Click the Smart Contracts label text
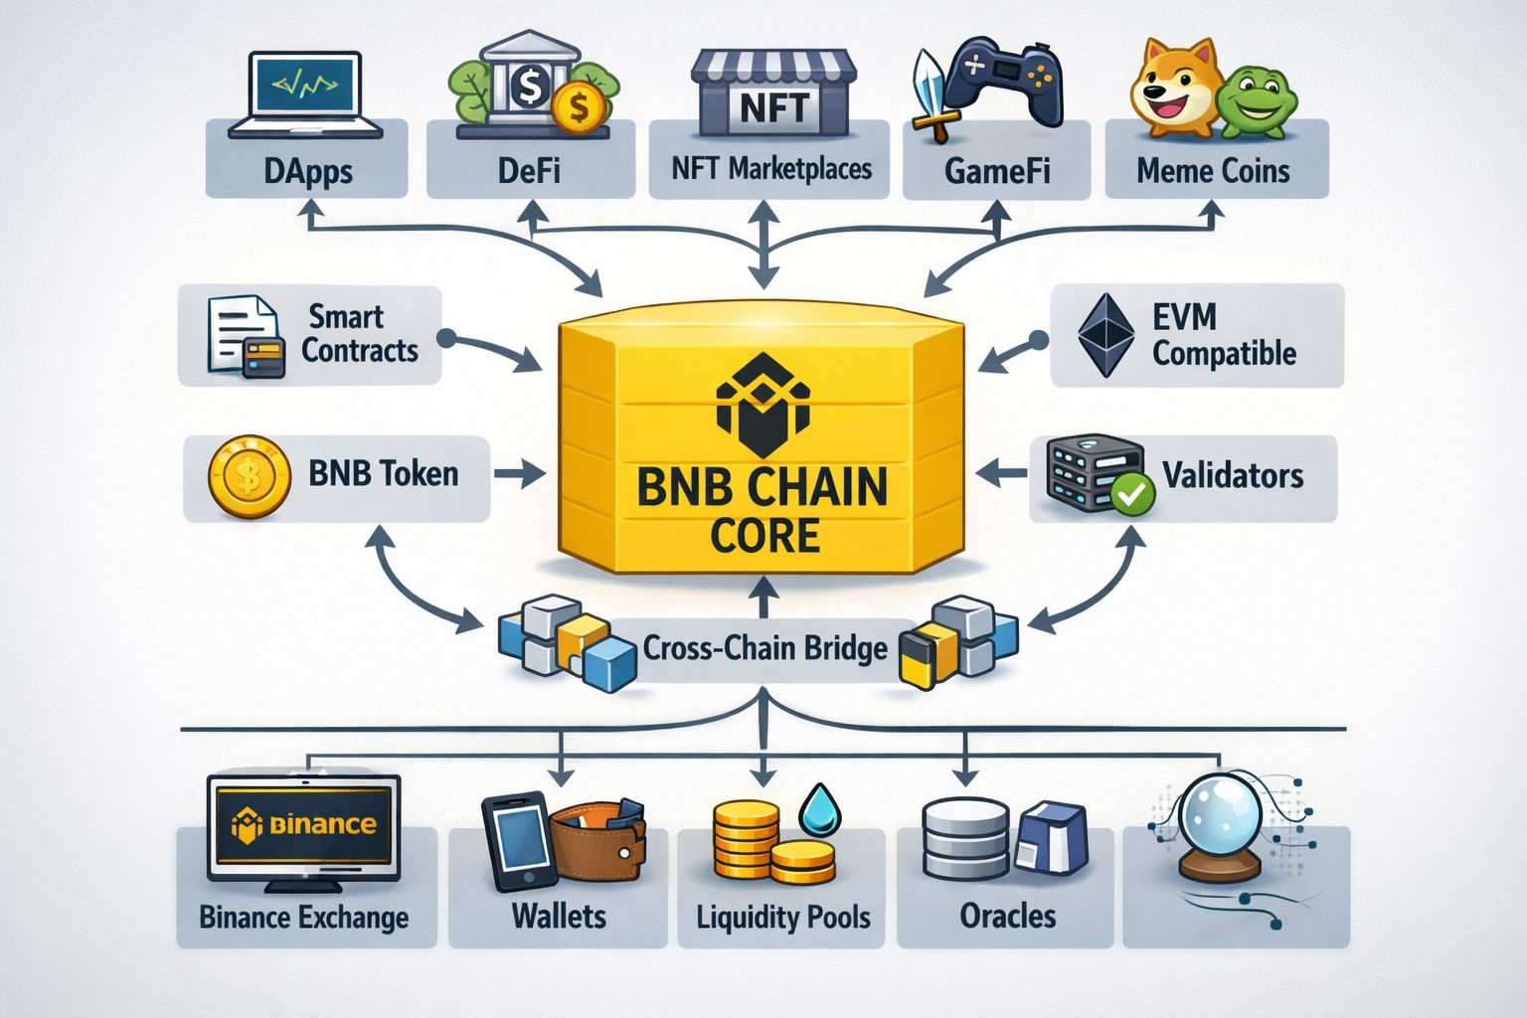(x=359, y=334)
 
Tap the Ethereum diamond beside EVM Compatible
(x=1105, y=335)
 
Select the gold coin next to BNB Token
(x=249, y=477)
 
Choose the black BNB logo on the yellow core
(x=763, y=404)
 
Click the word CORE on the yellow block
(x=764, y=536)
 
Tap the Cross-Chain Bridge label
(x=764, y=648)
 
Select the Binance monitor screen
(x=303, y=825)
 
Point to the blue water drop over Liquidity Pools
(x=820, y=809)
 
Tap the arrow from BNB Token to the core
(x=519, y=474)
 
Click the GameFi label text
(x=996, y=171)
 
